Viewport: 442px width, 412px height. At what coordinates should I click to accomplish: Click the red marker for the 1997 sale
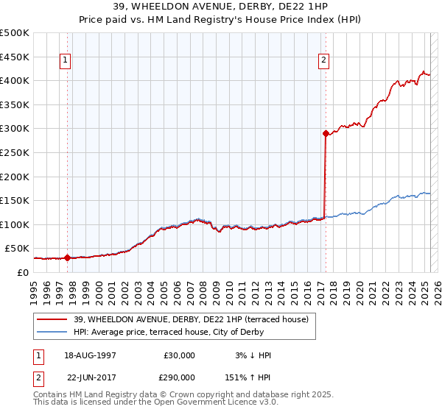(x=67, y=257)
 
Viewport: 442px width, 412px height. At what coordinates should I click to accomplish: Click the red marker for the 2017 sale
(x=325, y=134)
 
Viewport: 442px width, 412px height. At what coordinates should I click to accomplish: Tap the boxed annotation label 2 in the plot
(x=324, y=61)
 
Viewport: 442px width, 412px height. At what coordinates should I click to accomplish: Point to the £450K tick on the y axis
(x=15, y=57)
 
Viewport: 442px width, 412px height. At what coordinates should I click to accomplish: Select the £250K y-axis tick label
(x=15, y=152)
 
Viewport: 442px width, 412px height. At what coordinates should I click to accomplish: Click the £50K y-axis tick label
(x=18, y=249)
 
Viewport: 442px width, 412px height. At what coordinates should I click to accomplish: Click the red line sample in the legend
(x=52, y=319)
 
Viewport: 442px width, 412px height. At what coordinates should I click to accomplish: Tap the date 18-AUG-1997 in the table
(x=91, y=355)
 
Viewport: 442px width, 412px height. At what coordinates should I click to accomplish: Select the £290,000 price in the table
(x=180, y=377)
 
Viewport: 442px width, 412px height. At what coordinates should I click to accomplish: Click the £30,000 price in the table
(x=180, y=355)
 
